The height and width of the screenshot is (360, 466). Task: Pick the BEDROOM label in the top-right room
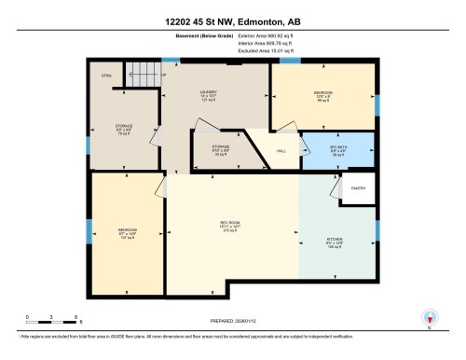tap(322, 92)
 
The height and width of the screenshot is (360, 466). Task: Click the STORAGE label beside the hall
tap(220, 147)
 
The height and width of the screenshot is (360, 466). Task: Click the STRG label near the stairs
tap(105, 75)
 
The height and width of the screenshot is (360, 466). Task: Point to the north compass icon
tap(430, 317)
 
